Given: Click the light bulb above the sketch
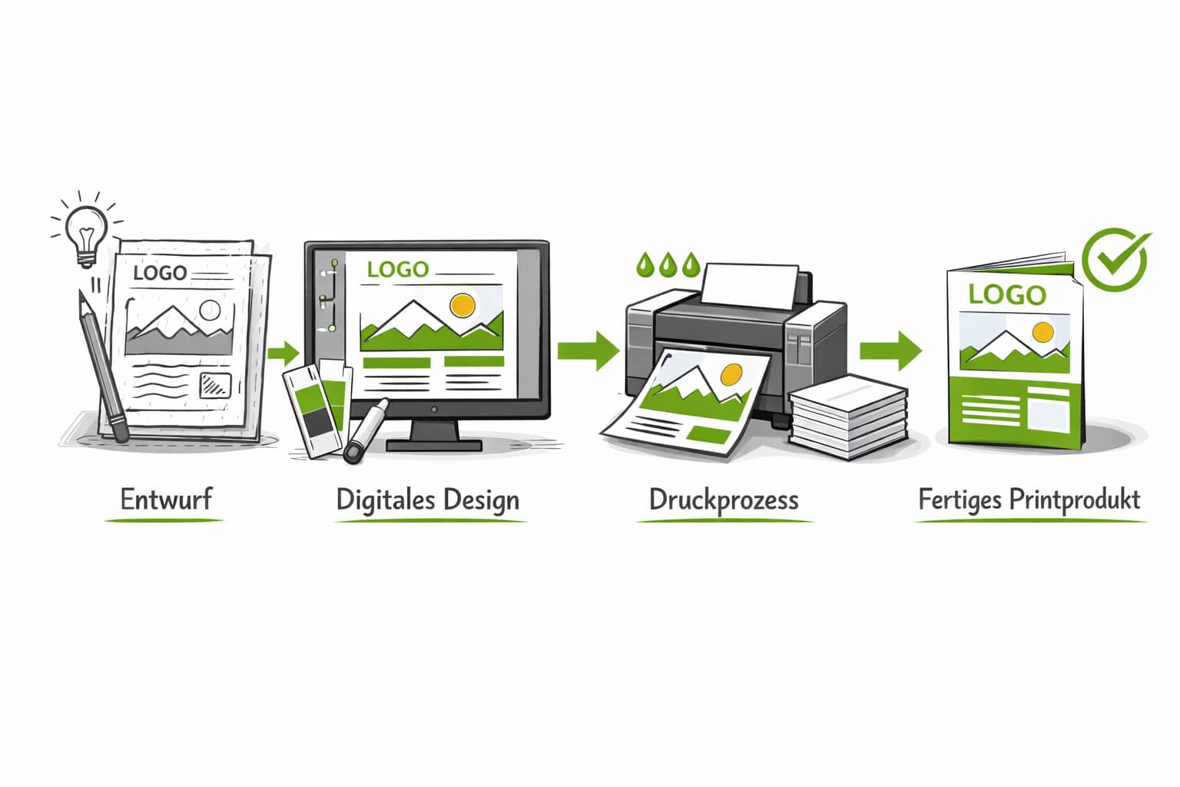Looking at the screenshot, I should (85, 231).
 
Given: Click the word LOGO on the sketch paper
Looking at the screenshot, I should (160, 273).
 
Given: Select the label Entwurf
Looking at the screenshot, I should (166, 499).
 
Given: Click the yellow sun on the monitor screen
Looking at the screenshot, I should (462, 305).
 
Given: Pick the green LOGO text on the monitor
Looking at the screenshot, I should (397, 270).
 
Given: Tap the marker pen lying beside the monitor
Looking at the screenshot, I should (366, 430).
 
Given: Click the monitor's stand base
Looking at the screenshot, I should (434, 443).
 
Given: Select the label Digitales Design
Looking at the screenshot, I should (428, 500).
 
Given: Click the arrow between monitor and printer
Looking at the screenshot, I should (588, 350).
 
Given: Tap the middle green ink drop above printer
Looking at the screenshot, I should (668, 264).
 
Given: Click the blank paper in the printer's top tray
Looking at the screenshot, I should (751, 284).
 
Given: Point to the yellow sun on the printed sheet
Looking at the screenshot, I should (731, 375).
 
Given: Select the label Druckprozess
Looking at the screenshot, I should (724, 500).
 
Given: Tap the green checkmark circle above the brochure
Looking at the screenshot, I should (1115, 259).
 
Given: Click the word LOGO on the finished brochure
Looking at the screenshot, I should (1007, 294).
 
